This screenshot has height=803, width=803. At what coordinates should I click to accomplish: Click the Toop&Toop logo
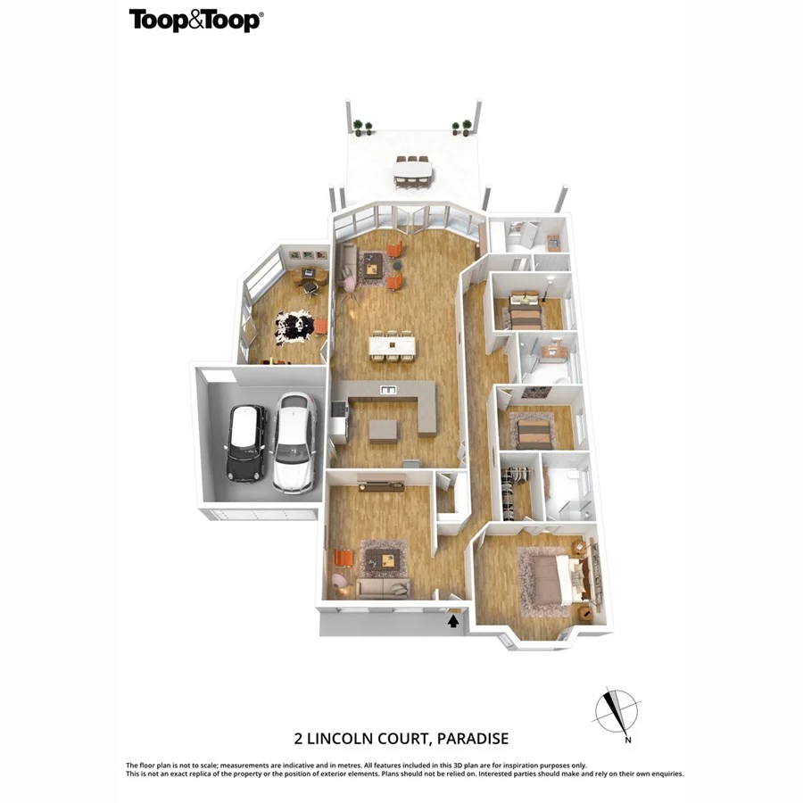195,21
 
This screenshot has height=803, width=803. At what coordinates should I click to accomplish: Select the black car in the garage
247,442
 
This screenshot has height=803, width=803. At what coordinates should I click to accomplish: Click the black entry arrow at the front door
453,622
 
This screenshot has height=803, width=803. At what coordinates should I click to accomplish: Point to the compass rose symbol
616,711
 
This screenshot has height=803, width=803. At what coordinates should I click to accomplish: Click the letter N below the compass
628,740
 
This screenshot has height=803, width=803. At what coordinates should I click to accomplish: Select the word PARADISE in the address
471,738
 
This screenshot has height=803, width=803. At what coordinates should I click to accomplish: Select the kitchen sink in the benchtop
387,389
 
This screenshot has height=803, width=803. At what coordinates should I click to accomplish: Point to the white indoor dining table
393,343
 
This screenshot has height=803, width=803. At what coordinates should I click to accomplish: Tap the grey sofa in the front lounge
383,588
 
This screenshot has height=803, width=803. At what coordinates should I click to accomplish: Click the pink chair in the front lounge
341,581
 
